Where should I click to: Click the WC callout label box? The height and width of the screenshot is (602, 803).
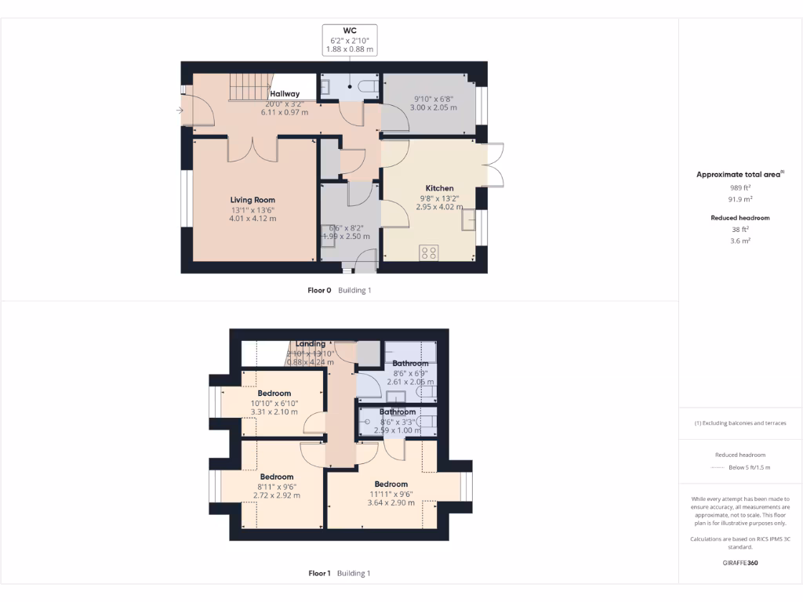click(350, 40)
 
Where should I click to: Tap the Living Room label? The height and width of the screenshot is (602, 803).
click(253, 200)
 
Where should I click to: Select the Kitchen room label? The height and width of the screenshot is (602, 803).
click(439, 188)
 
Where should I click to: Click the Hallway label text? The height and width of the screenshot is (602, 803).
click(285, 94)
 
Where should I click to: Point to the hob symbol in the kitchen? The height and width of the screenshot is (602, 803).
click(430, 252)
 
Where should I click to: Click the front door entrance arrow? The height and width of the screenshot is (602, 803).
click(180, 111)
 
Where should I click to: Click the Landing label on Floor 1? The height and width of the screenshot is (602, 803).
click(311, 344)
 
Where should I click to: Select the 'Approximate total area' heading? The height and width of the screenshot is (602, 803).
click(739, 175)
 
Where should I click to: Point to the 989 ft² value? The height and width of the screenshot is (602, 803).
click(740, 188)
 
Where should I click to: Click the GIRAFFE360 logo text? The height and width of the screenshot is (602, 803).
click(740, 563)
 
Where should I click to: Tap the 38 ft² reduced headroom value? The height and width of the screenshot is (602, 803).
click(740, 230)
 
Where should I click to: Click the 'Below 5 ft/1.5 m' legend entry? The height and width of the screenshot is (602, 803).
click(749, 467)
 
